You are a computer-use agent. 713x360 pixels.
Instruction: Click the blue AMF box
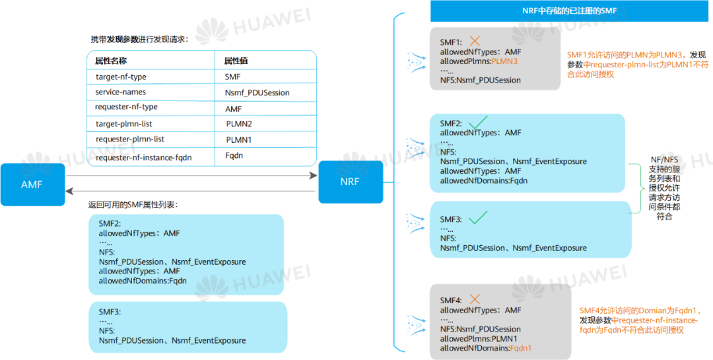click(32, 184)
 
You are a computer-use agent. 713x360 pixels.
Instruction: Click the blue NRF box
click(351, 182)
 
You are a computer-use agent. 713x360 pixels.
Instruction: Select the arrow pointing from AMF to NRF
click(191, 176)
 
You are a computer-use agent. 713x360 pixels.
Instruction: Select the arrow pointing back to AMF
click(191, 191)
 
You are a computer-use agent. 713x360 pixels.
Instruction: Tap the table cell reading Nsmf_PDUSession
click(257, 92)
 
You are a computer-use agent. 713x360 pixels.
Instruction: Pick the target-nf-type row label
click(121, 77)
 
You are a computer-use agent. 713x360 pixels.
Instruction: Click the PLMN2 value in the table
click(239, 124)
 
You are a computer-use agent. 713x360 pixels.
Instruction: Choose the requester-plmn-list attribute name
click(130, 139)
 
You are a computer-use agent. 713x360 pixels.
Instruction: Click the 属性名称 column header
click(111, 61)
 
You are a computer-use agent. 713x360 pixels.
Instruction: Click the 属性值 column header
click(236, 61)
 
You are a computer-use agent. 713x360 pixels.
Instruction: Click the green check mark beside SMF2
click(477, 122)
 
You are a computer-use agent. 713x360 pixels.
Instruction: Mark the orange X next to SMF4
click(474, 299)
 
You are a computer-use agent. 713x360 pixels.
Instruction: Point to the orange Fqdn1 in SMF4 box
click(521, 348)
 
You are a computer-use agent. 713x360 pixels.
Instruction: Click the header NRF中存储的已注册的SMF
click(564, 11)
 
